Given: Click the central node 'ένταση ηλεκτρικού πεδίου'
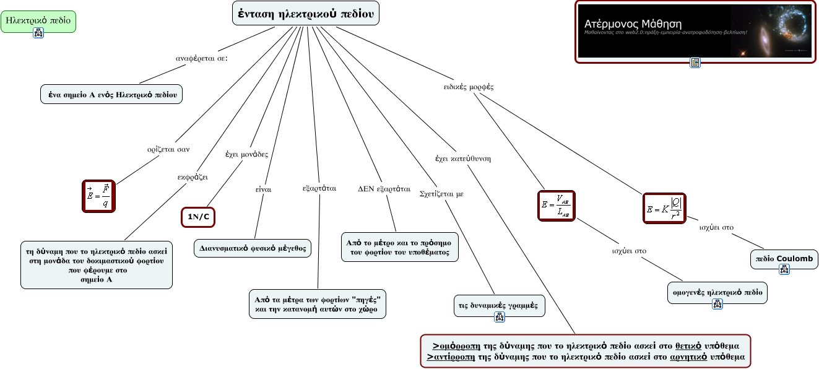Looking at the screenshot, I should (x=305, y=13).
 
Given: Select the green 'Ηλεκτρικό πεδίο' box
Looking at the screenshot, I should (x=38, y=21).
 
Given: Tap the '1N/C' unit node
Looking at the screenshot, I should (x=202, y=216).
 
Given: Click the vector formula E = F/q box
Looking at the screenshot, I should (x=100, y=196).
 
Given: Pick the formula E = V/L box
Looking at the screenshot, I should (x=556, y=205).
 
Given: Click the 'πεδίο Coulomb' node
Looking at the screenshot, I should (x=784, y=258).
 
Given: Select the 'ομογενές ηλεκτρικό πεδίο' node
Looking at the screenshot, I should (x=717, y=291).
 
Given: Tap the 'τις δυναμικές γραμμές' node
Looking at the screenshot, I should (x=499, y=305).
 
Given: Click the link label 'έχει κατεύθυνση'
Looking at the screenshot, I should (x=463, y=158).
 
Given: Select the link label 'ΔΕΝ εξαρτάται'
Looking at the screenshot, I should (x=384, y=188).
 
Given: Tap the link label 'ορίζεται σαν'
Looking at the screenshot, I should (x=168, y=149).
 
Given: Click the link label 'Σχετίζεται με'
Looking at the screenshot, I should (x=441, y=193).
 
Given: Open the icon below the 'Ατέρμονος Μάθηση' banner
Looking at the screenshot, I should (x=695, y=62).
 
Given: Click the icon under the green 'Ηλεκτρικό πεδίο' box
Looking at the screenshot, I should (x=38, y=33).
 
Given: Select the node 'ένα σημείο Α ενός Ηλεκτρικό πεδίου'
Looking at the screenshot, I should (x=111, y=94).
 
